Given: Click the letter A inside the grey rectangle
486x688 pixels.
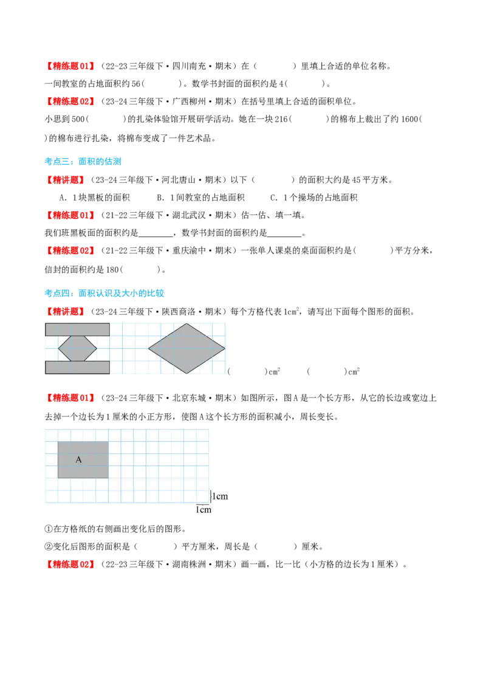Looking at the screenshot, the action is click(78, 460).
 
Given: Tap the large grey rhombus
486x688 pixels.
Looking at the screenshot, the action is click(187, 348).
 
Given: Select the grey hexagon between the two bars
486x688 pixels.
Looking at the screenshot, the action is click(77, 348).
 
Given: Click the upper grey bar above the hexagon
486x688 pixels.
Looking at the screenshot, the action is click(77, 329).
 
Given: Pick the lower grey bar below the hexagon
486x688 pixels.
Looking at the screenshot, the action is click(77, 367).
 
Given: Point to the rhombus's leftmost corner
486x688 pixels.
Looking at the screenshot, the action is click(149, 349).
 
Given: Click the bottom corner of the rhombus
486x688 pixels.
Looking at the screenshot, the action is click(187, 373).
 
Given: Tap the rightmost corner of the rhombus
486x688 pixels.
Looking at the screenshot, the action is click(225, 348).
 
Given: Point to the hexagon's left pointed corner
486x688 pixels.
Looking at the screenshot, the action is click(58, 348).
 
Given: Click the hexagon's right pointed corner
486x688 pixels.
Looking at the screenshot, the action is click(97, 348).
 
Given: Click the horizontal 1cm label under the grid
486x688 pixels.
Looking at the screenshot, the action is click(204, 510).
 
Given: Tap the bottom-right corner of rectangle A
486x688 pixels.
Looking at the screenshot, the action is click(108, 478).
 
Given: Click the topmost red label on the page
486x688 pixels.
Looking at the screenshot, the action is click(70, 66).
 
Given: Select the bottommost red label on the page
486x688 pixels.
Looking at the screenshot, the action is click(70, 564).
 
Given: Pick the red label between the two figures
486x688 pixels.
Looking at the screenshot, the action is click(70, 397).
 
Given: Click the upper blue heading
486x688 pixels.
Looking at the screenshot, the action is click(83, 161).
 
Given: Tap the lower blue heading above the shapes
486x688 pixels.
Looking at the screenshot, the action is click(104, 294).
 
